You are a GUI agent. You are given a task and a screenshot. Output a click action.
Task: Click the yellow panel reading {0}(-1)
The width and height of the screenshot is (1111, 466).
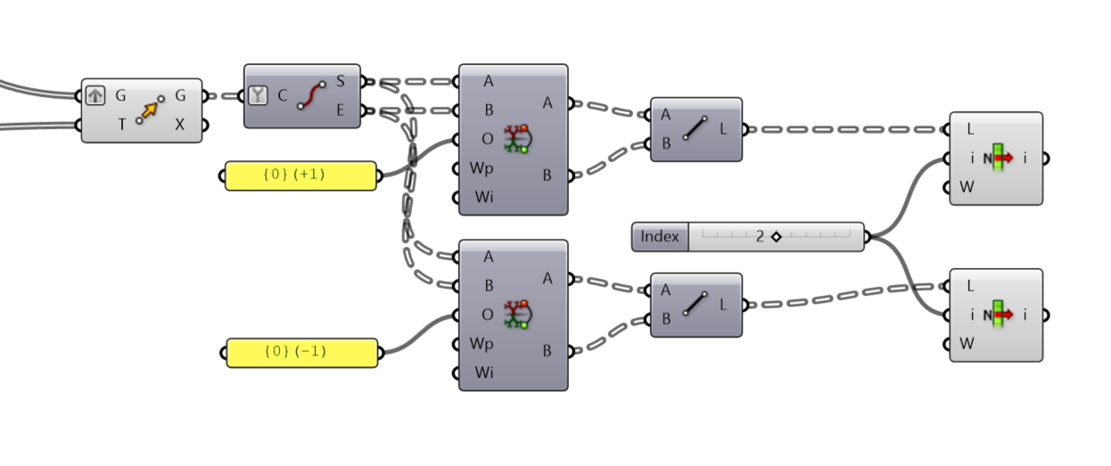(x=300, y=352)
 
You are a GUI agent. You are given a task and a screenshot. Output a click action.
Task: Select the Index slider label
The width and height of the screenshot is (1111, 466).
(x=660, y=237)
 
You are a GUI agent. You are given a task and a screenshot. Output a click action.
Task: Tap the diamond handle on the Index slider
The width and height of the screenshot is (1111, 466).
(x=776, y=237)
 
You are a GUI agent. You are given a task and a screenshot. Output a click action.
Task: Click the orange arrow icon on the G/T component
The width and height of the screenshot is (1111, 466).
(x=150, y=110)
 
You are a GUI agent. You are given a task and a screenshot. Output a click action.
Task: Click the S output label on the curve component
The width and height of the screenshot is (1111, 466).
(x=341, y=82)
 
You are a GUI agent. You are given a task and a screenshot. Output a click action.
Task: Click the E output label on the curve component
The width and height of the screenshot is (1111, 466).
(x=341, y=110)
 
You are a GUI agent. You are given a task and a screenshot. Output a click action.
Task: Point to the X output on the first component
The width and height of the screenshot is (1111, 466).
(x=180, y=125)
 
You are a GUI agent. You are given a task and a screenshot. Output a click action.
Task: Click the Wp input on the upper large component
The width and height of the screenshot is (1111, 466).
(x=482, y=168)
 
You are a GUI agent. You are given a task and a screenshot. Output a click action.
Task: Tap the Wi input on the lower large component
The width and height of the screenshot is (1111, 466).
(x=482, y=372)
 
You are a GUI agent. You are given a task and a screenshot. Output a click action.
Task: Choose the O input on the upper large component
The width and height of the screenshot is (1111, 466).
(x=487, y=139)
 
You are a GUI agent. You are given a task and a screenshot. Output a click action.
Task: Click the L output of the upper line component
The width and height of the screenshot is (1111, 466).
(x=722, y=128)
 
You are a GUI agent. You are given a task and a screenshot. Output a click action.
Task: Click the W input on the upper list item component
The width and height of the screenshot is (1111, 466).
(x=967, y=187)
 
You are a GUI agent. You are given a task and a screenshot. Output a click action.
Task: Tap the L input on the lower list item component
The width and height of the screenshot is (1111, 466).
(x=969, y=286)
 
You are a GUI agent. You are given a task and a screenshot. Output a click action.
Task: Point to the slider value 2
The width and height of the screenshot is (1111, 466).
(x=760, y=237)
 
